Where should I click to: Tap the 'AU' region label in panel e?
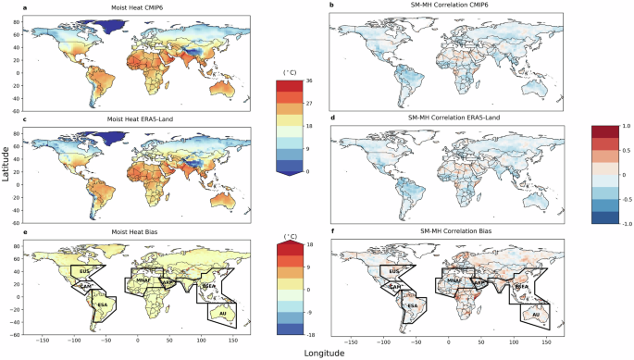[222, 314]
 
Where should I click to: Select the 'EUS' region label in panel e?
[85, 272]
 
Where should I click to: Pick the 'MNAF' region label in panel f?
[454, 279]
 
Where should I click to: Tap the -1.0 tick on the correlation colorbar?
[615, 223]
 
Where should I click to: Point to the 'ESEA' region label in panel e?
[208, 287]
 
